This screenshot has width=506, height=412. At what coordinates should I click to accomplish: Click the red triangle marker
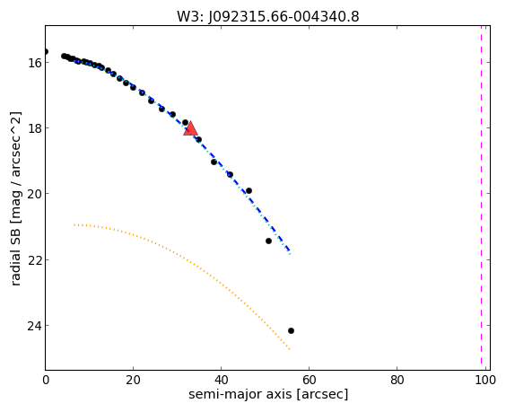coord(190,129)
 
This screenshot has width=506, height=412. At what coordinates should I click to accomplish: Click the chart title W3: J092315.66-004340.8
coord(268,16)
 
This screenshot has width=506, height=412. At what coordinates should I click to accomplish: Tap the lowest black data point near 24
coord(291,330)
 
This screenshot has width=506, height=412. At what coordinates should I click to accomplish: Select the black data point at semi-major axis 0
coord(46,52)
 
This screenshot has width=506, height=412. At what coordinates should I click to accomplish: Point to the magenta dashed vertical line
coord(481,198)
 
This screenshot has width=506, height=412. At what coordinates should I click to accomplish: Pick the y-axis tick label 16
coord(34,62)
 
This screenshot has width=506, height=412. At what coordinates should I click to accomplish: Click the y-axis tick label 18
coord(34,127)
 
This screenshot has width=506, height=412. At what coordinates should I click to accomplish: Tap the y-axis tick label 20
coord(34,194)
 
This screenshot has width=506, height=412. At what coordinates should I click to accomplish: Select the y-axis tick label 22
coord(34,259)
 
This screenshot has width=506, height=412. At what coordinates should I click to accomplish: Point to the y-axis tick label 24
coord(34,326)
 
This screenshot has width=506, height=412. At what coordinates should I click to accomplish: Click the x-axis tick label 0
coord(46,381)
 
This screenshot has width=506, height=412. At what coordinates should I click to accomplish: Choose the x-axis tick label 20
coord(133,381)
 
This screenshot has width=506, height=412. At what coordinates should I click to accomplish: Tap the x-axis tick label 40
coord(221,381)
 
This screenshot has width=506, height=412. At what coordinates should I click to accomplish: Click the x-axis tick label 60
coord(309,381)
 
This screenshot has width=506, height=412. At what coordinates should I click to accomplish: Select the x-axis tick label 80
coord(397,381)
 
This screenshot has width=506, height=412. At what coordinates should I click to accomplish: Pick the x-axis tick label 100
coord(485,381)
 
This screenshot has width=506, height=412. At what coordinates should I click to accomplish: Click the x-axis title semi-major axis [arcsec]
coord(268,395)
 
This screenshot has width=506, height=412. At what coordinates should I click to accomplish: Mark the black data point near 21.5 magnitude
coord(268,241)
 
